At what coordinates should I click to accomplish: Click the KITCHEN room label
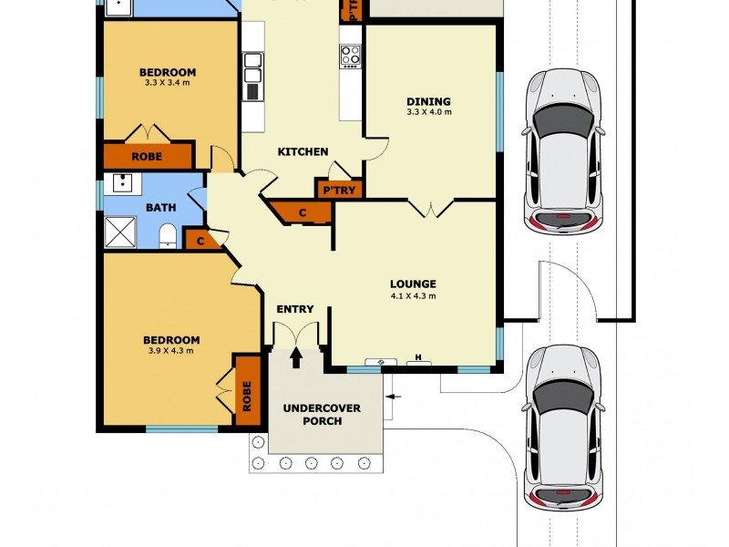303,151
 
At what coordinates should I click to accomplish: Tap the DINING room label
428,101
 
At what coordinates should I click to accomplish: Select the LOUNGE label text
413,284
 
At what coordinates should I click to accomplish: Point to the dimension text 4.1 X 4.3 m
413,295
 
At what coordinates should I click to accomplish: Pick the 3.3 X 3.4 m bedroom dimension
168,83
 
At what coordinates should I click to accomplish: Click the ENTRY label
294,309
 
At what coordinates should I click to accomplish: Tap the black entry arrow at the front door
296,357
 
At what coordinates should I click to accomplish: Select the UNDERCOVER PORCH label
322,415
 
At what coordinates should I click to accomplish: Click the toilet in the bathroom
168,236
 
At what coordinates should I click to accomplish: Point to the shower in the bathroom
120,232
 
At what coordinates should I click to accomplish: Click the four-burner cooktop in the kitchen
350,56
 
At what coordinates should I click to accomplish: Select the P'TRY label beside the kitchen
339,191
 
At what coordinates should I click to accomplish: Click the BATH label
161,208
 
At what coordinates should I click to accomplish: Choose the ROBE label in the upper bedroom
147,157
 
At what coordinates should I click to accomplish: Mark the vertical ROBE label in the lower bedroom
246,397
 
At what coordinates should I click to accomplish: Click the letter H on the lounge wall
418,357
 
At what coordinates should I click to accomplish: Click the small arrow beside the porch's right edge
394,397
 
